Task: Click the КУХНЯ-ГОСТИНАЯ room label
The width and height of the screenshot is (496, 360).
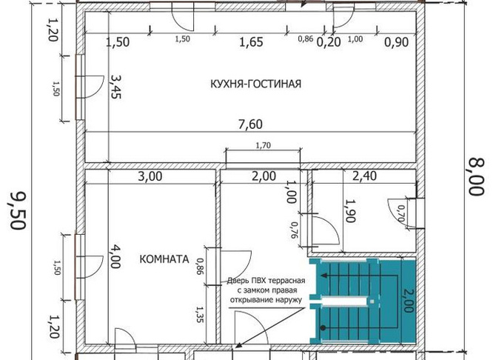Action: [255, 84]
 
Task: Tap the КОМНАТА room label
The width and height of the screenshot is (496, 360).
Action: [164, 259]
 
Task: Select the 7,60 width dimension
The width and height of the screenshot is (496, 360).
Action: [250, 124]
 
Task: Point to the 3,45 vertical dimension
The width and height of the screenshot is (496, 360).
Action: [115, 87]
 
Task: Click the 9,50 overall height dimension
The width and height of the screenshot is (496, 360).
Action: [18, 210]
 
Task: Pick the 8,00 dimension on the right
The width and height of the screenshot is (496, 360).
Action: [476, 177]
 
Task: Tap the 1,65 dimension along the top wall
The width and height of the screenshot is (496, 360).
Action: [251, 42]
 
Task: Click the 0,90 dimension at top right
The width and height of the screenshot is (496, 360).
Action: [397, 42]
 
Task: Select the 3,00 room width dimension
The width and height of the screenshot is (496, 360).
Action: [150, 176]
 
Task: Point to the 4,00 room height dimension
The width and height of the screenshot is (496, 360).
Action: [115, 256]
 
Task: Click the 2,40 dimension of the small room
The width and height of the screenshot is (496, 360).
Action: [364, 176]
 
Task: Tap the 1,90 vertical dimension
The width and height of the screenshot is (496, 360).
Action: [350, 211]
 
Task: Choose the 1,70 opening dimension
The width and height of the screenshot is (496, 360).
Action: [264, 145]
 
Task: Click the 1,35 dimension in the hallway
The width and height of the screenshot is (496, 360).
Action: [200, 314]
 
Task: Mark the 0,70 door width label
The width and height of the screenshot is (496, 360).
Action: [401, 213]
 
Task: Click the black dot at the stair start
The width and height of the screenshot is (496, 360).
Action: [323, 328]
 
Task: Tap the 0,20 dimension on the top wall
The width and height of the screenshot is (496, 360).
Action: [329, 42]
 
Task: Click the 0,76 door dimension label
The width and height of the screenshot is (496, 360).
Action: [294, 230]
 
